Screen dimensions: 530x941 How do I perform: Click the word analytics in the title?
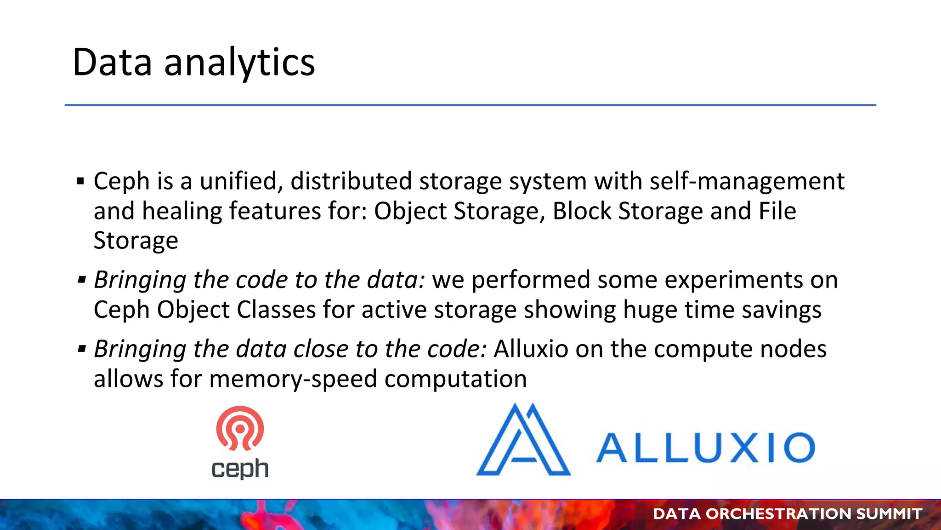239,63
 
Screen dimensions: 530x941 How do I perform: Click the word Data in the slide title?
112,63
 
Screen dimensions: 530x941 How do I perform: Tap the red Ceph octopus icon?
240,428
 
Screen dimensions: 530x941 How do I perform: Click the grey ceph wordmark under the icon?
240,469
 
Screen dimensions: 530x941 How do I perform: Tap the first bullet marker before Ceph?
81,181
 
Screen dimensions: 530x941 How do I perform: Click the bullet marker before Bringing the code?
82,280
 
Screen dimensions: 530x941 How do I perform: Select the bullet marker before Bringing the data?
82,349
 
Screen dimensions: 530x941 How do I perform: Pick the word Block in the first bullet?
582,211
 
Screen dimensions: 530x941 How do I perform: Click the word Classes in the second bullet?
276,310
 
